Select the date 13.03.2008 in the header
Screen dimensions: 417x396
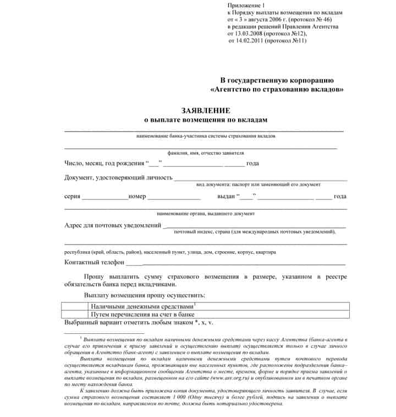pyautogui.click(x=249, y=34)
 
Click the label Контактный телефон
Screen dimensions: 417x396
pyautogui.click(x=95, y=262)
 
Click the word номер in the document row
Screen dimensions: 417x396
pyautogui.click(x=137, y=196)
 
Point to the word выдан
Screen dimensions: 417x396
pyautogui.click(x=226, y=196)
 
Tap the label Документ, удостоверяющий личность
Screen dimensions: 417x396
pyautogui.click(x=118, y=177)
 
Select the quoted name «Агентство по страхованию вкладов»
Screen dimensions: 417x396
pyautogui.click(x=277, y=89)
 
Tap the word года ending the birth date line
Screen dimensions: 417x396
pyautogui.click(x=253, y=163)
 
